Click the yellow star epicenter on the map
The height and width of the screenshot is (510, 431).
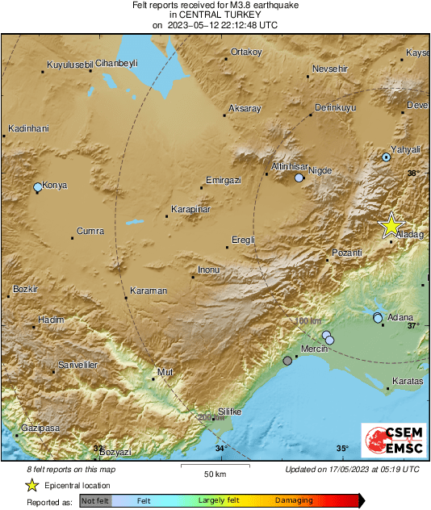[x=391, y=224]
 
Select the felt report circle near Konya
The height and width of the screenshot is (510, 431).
[x=38, y=187]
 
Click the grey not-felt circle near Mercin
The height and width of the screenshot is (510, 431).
[x=287, y=361]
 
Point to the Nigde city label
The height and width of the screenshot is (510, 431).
[x=320, y=170]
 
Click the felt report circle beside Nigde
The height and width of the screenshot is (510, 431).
[x=299, y=178]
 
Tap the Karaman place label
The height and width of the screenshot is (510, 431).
[x=149, y=291]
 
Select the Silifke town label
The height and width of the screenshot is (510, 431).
[x=230, y=412]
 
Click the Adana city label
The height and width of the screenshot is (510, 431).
[x=400, y=316]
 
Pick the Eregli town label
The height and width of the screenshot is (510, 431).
[x=243, y=240]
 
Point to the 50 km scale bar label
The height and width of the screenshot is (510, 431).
[x=214, y=473]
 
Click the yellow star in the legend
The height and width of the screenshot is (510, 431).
[x=31, y=485]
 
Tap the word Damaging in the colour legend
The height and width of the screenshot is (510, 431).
[x=295, y=500]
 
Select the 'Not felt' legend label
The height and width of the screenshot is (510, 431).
[x=96, y=500]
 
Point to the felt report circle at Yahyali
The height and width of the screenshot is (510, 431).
[x=387, y=157]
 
